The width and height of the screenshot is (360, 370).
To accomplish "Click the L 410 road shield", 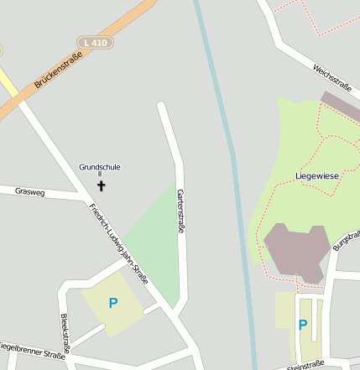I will pos(96,42).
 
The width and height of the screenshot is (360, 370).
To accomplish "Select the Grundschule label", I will pos(100,167).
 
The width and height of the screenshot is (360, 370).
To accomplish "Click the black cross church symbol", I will pos(102,185).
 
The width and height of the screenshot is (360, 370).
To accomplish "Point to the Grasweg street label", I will pos(29,192).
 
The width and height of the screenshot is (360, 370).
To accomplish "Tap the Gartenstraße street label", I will pos(180,211).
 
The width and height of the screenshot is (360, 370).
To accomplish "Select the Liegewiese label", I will pos(316,176).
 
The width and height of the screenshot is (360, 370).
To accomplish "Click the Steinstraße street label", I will pos(305,365).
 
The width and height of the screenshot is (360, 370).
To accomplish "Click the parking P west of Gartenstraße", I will pos(113,303).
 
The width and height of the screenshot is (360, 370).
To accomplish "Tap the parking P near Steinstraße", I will pos(303,325).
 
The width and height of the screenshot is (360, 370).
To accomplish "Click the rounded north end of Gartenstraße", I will pos(162,107).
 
